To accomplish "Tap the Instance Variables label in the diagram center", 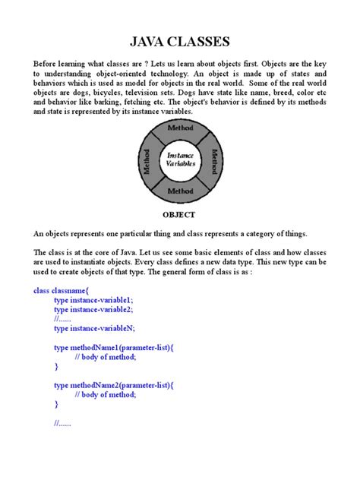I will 181,159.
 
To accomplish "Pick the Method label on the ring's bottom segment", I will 181,190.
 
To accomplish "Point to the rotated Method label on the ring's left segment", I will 147,160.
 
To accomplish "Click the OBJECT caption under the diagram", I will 180,215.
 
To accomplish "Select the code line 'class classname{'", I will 62,290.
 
